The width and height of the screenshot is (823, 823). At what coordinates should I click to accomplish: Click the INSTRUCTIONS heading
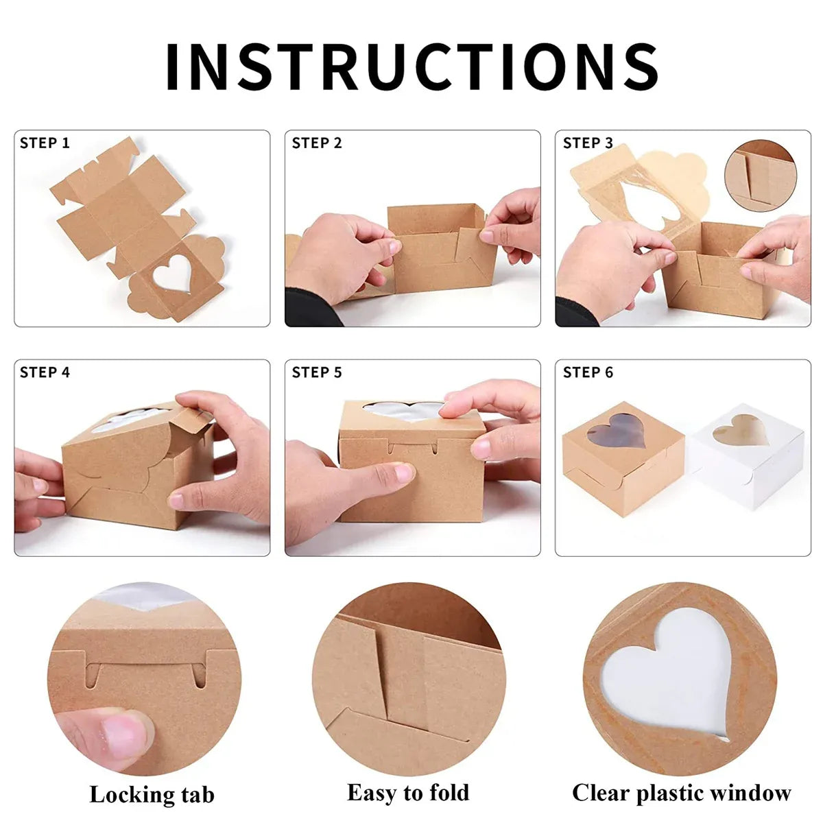(411, 67)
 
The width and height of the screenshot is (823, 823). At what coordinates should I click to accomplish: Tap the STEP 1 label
(45, 143)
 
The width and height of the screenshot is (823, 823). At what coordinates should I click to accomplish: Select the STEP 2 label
(316, 143)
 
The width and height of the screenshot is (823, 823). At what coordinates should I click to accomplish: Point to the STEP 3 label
(588, 143)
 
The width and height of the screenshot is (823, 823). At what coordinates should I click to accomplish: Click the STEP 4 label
(45, 372)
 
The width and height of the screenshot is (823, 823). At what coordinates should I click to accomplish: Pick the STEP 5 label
(316, 372)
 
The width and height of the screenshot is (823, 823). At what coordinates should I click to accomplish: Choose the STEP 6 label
(588, 372)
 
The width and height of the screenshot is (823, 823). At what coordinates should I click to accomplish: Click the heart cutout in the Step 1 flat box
(171, 274)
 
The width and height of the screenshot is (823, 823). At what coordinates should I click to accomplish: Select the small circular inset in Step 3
(761, 176)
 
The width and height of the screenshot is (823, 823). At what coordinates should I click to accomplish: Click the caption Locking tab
(152, 783)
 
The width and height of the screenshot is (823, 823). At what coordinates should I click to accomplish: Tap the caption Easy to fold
(408, 780)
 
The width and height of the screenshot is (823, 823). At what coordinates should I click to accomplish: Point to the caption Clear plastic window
(681, 782)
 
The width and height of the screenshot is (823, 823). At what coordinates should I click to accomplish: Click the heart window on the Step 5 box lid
(403, 411)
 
